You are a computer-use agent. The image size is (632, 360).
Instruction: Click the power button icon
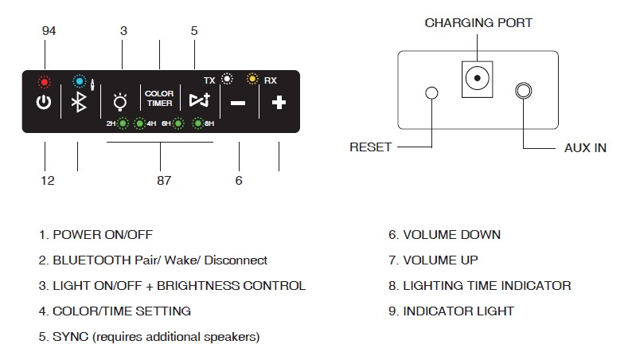click(44, 102)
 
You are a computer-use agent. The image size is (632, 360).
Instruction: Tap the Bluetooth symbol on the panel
click(79, 102)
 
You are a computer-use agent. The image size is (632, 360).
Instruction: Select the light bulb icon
click(120, 102)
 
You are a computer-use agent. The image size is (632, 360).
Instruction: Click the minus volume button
click(238, 104)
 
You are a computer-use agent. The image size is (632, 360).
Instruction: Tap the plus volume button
click(279, 103)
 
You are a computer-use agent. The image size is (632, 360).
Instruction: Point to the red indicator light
click(45, 82)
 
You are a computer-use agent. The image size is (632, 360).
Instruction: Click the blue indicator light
click(80, 81)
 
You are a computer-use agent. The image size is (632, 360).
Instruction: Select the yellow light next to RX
click(252, 78)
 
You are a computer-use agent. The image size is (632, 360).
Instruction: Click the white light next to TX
click(228, 78)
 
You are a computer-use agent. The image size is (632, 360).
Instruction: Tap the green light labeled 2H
click(123, 123)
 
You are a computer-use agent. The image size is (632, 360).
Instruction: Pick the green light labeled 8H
click(198, 123)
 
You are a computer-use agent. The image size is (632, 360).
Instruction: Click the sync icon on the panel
click(200, 100)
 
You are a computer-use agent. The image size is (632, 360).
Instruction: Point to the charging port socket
click(478, 79)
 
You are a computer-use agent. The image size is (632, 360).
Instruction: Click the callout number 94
click(49, 31)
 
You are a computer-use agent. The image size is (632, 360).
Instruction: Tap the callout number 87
click(164, 180)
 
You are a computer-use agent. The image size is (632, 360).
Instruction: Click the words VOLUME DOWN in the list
click(452, 235)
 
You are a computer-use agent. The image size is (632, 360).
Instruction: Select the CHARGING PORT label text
click(478, 23)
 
